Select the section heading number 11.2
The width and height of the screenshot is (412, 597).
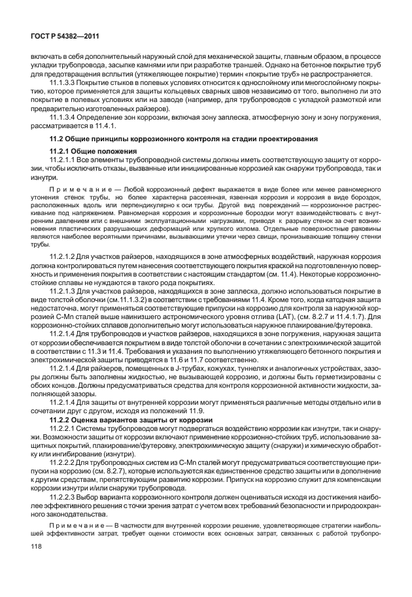(59, 139)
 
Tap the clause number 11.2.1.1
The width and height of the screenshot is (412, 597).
(62, 160)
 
